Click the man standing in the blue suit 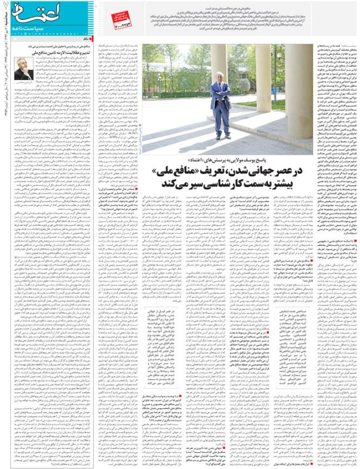[x=220, y=108]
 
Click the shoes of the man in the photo [x=221, y=136]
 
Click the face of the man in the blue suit [x=221, y=81]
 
